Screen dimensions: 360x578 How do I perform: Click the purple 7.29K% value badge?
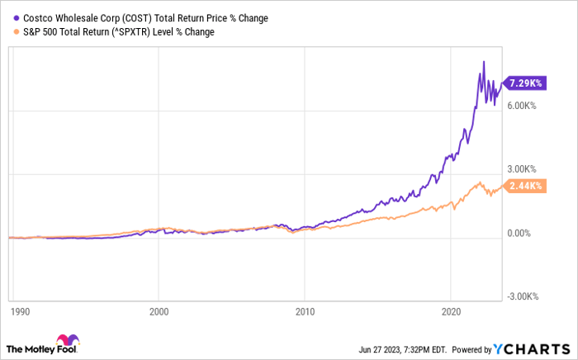(524, 84)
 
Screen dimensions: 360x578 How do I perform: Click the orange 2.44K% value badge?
(524, 187)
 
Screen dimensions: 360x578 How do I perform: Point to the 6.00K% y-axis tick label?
(523, 106)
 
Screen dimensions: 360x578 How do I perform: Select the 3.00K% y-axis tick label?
(523, 174)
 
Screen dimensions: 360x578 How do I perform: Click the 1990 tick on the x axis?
(20, 313)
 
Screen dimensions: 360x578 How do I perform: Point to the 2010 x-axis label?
(305, 313)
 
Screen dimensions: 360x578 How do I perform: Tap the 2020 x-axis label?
(450, 313)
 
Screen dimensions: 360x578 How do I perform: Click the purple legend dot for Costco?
(8, 17)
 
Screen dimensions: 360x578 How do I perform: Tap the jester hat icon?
(66, 342)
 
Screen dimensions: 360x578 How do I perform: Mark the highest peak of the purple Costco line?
(483, 61)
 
